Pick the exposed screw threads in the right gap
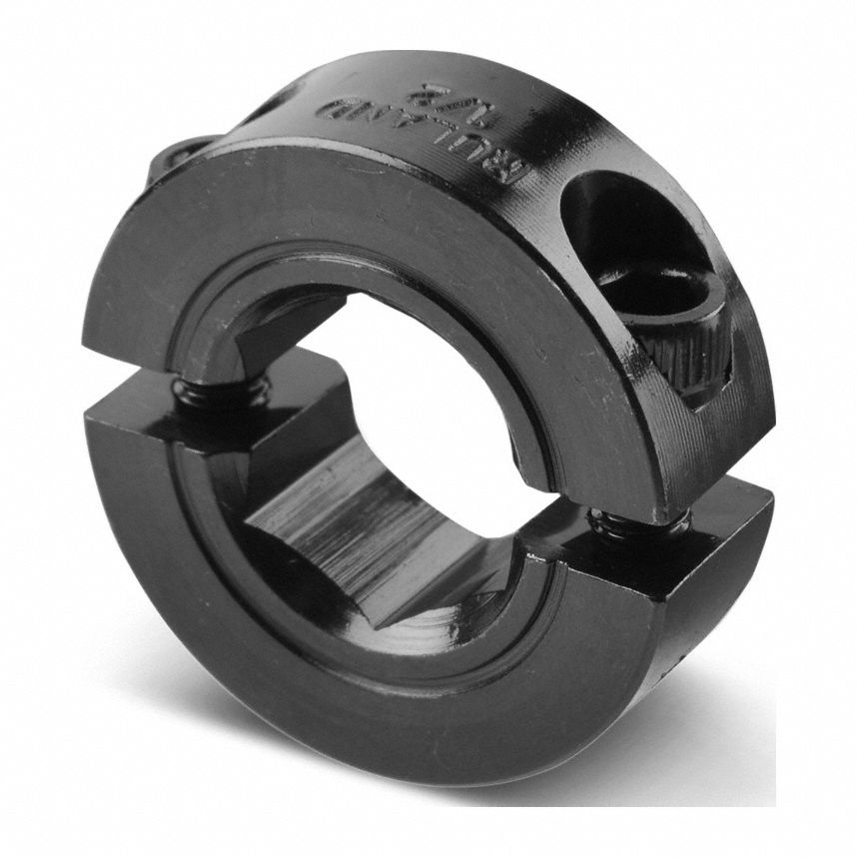(639, 522)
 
